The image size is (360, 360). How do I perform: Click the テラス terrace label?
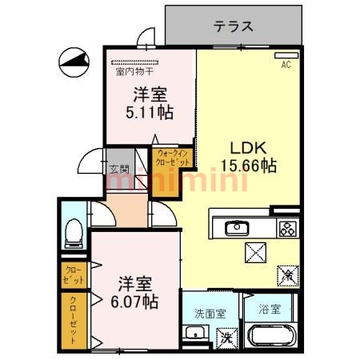click(x=234, y=26)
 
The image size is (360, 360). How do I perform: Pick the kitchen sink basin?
click(x=238, y=229)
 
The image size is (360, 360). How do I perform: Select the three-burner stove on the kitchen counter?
click(x=286, y=229)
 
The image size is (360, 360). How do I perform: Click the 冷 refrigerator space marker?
click(x=286, y=274)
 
